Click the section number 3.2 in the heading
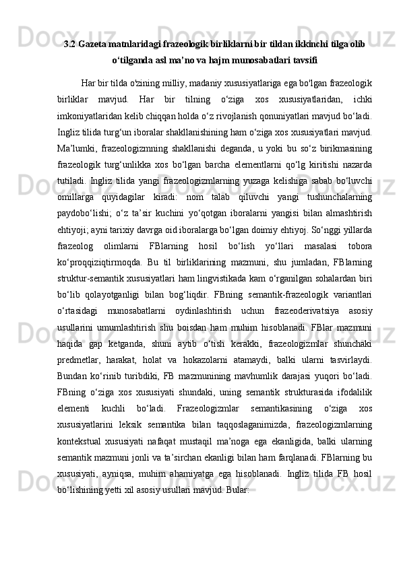[69, 44]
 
